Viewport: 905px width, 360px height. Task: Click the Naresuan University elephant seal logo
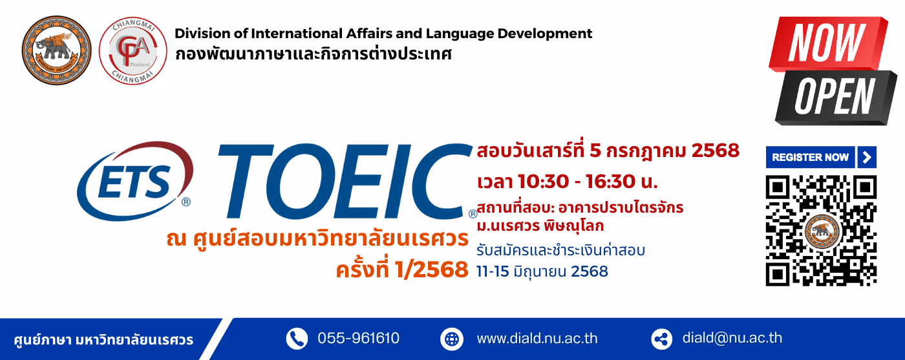(x=57, y=50)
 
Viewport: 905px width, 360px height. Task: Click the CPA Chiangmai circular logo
(x=133, y=51)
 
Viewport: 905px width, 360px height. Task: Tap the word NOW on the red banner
(x=827, y=42)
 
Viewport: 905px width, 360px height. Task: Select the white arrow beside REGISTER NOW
(x=867, y=157)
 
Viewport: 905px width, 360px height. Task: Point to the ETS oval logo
(x=135, y=181)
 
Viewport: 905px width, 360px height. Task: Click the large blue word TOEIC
(x=345, y=181)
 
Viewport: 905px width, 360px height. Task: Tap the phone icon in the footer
(x=297, y=339)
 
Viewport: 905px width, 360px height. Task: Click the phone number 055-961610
(x=358, y=338)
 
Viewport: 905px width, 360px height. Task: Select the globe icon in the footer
(x=452, y=339)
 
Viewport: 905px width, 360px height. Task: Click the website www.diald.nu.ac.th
(x=537, y=339)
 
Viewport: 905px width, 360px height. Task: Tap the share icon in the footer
(x=662, y=339)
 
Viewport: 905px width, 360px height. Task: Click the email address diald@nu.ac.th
(x=732, y=338)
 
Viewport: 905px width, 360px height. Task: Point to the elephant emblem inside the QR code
(x=822, y=231)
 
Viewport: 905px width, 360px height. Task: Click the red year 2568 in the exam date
(x=715, y=151)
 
